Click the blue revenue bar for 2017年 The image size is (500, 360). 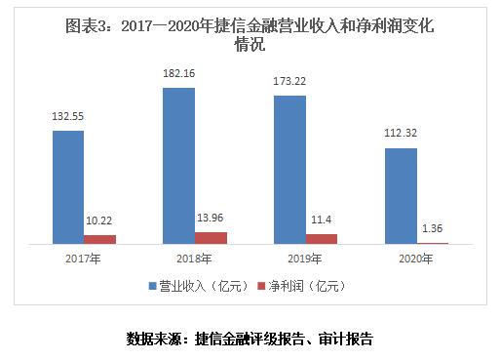(68, 186)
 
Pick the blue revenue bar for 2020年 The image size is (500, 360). (401, 195)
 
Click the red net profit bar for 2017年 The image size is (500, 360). (99, 239)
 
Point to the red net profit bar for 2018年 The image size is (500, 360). (211, 237)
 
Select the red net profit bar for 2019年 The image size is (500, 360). (321, 238)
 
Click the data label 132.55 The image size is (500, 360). (68, 117)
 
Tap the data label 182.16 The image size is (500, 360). (178, 74)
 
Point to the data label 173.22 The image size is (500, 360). (290, 82)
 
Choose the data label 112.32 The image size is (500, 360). (401, 135)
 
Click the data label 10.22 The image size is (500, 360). (99, 221)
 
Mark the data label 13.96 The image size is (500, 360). (211, 219)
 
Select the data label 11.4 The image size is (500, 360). (321, 221)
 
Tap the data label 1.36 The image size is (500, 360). (433, 229)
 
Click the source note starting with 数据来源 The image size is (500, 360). (250, 339)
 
